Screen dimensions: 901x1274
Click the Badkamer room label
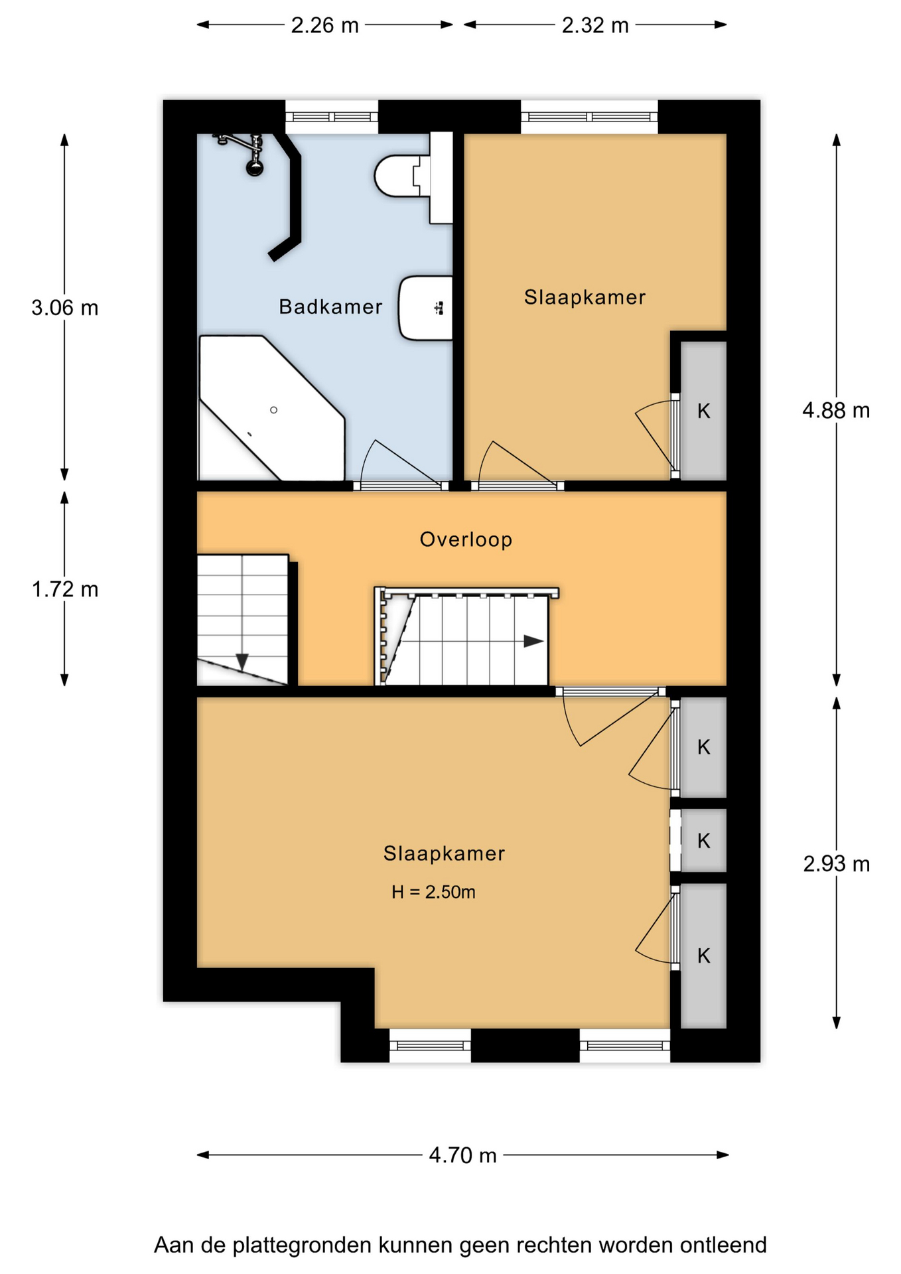[x=330, y=307]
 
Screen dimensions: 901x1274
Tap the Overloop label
[x=466, y=539]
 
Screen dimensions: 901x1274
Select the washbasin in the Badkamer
[x=425, y=308]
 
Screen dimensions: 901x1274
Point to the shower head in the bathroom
[x=254, y=167]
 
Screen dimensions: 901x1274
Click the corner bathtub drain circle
[x=273, y=410]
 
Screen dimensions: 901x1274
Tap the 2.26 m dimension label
[x=324, y=25]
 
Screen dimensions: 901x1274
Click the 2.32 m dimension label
[x=595, y=25]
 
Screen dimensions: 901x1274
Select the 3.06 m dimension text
[x=65, y=308]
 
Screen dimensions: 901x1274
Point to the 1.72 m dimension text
[x=65, y=589]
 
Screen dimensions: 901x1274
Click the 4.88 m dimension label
[x=836, y=411]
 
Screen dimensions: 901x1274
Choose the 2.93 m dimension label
[x=836, y=864]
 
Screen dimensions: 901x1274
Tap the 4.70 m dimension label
[x=462, y=1155]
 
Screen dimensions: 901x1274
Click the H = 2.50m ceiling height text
[x=433, y=892]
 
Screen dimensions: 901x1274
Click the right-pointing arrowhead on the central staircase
[x=534, y=641]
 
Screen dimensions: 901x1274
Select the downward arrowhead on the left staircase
[x=242, y=662]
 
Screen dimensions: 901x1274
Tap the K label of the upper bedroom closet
[x=704, y=411]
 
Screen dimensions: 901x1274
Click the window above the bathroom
[x=332, y=117]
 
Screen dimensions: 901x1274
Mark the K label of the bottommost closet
[x=704, y=955]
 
